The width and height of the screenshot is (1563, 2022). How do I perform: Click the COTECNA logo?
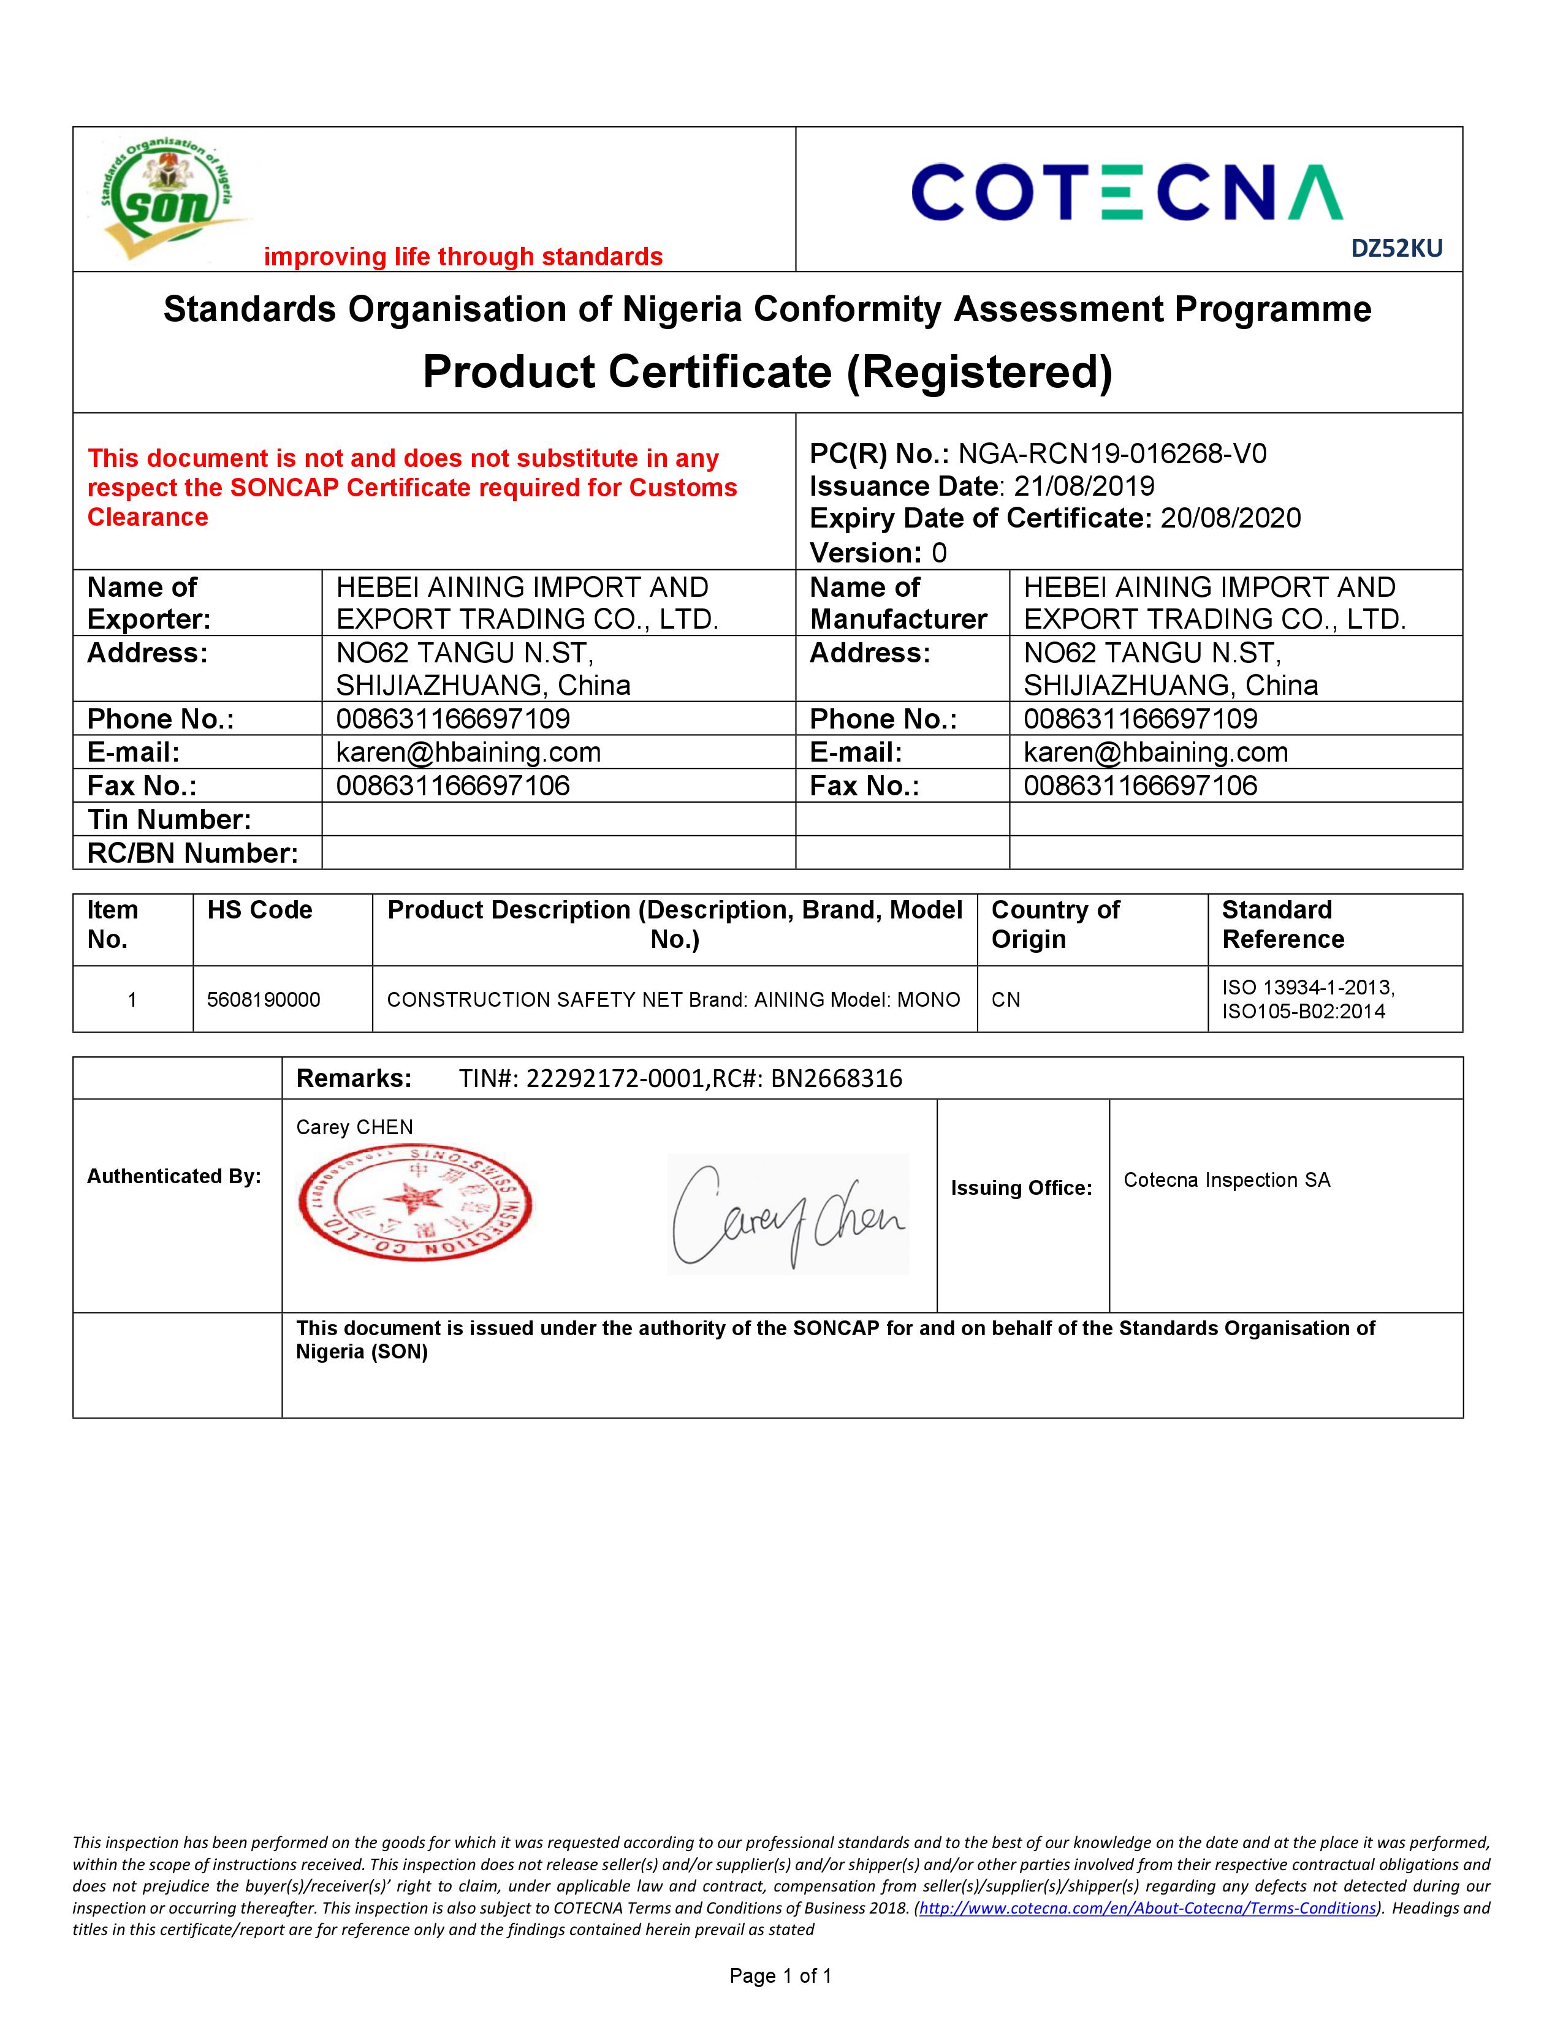[x=1127, y=192]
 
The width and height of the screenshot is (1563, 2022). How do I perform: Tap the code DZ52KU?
[x=1396, y=248]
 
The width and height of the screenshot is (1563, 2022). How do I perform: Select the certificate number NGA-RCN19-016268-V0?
[x=1111, y=453]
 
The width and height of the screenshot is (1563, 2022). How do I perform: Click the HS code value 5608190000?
[x=264, y=1000]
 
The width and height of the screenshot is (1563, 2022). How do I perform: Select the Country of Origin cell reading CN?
[x=1006, y=1000]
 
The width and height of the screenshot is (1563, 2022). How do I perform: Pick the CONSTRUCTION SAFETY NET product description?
[x=673, y=1000]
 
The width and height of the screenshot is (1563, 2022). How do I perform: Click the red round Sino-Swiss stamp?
[x=415, y=1202]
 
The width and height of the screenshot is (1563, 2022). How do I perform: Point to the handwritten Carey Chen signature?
[x=788, y=1214]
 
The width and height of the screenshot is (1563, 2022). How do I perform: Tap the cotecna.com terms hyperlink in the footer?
[x=1147, y=1908]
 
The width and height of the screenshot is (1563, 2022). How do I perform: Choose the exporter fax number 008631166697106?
[x=453, y=786]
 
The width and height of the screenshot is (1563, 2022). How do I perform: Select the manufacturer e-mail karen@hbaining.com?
[x=1155, y=752]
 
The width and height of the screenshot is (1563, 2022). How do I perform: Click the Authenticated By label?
[x=174, y=1176]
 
